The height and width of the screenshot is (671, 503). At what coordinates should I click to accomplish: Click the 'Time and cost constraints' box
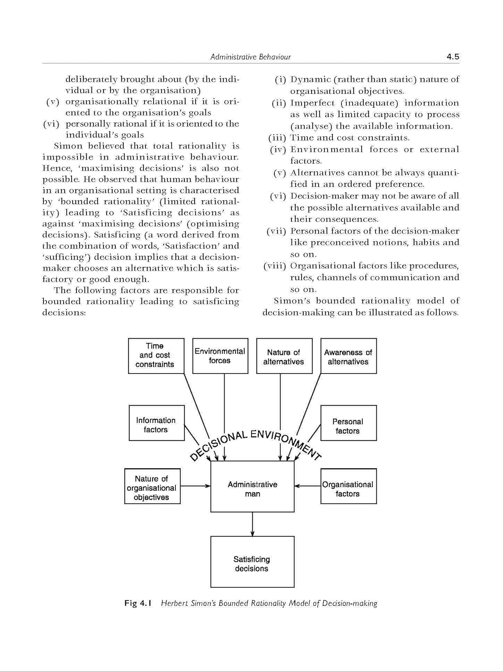click(x=156, y=356)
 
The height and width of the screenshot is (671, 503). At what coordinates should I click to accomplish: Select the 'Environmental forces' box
click(x=220, y=356)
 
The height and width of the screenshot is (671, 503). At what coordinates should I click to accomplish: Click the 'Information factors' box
click(x=156, y=423)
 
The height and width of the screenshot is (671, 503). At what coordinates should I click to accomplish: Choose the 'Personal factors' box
click(x=348, y=423)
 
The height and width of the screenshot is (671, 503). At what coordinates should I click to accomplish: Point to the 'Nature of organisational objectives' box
click(x=152, y=486)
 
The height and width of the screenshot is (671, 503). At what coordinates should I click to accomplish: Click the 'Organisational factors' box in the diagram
click(x=348, y=486)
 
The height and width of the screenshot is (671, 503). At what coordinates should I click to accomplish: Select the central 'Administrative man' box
click(x=252, y=487)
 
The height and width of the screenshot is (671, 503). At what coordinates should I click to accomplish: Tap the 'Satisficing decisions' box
click(x=252, y=562)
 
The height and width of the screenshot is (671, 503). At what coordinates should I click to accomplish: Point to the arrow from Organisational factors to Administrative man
click(x=307, y=486)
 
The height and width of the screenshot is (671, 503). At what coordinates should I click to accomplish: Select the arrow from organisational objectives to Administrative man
click(x=196, y=486)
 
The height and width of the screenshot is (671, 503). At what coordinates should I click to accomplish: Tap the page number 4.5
click(x=452, y=57)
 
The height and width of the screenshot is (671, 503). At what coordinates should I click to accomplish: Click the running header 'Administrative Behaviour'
click(x=251, y=57)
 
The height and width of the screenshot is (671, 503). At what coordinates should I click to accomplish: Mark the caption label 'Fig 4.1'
click(x=138, y=603)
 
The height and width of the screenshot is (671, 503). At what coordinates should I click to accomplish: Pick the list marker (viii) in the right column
click(x=275, y=266)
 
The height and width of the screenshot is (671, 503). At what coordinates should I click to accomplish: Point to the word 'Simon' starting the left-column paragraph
click(x=68, y=146)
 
